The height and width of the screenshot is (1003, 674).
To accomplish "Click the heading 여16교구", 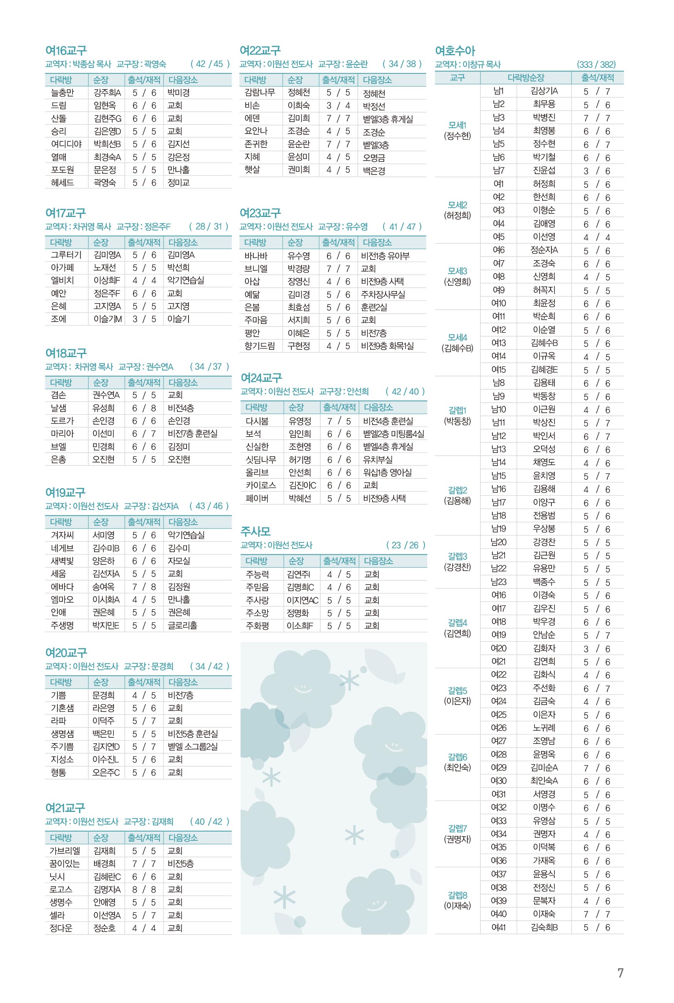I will [x=66, y=51].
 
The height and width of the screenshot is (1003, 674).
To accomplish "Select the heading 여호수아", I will [x=455, y=51].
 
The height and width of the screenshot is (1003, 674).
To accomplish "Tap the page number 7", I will [x=620, y=973].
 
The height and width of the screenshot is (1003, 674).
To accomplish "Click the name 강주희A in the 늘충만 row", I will [x=107, y=93].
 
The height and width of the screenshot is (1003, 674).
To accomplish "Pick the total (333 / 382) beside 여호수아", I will [x=596, y=64].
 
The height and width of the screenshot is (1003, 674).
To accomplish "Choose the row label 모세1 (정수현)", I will [x=457, y=130].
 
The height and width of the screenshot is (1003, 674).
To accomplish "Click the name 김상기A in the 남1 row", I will [x=544, y=91].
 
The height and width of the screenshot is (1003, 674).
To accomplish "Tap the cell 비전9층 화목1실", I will [x=387, y=346].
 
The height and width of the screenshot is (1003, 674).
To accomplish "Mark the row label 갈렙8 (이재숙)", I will [x=457, y=901].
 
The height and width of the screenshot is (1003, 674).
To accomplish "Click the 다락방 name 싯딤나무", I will [x=261, y=459].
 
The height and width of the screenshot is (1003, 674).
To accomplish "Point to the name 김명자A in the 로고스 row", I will [x=107, y=889].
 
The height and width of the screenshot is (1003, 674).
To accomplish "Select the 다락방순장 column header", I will [x=526, y=78].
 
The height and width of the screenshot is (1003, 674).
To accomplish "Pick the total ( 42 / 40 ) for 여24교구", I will [x=405, y=391].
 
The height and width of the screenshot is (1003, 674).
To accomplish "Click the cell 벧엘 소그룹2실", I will [x=192, y=747].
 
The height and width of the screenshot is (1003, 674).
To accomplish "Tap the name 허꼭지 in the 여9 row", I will [x=544, y=290].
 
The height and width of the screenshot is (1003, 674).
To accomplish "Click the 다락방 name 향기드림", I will [x=259, y=346].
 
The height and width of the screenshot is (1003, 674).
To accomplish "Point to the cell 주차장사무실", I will [x=383, y=294].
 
